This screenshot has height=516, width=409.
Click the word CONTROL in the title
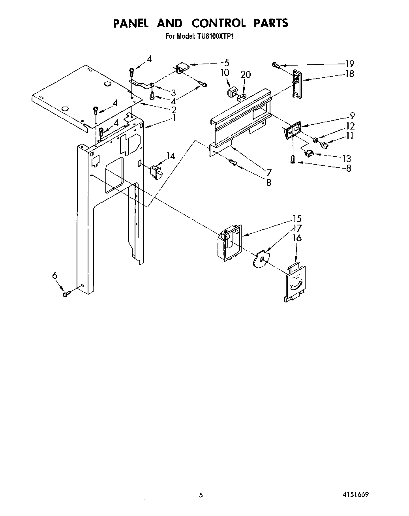218,23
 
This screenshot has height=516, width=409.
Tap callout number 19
349,64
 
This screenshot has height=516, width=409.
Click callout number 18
349,74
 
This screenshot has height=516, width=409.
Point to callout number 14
170,156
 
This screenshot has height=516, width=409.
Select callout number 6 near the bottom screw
55,276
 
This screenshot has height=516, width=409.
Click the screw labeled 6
66,293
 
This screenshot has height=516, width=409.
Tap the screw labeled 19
276,65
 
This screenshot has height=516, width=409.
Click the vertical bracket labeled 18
296,83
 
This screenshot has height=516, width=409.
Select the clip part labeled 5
182,69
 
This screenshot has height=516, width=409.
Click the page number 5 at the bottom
201,495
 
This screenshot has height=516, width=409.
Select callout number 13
346,159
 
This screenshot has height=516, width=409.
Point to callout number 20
245,74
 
